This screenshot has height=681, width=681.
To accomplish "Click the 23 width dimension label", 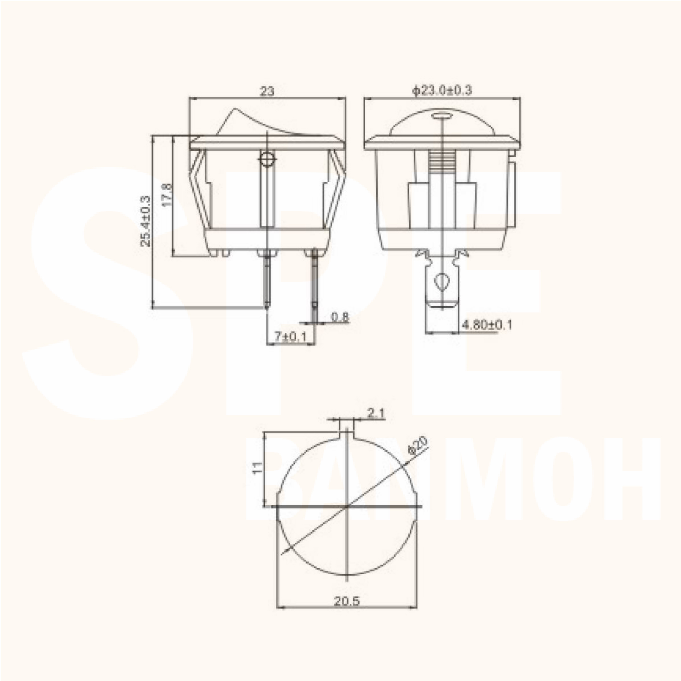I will pos(267,91).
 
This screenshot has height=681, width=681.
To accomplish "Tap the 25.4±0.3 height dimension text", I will pos(145,221).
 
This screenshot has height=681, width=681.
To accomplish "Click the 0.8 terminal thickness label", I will pos(340,317).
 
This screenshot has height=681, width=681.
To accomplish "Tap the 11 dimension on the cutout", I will pos(258,468).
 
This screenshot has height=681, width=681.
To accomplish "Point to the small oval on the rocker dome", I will pos(442,115).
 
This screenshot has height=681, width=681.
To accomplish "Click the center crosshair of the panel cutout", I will pos(348,507).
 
